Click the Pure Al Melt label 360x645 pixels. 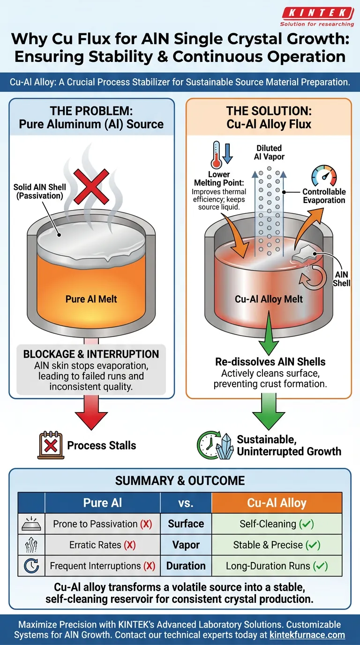tap(92, 299)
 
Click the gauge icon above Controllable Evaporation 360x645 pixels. tap(323, 176)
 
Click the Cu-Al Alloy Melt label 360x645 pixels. tap(269, 299)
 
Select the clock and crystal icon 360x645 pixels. tap(214, 445)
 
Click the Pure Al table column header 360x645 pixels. tap(102, 503)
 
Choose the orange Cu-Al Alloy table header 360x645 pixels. tap(277, 503)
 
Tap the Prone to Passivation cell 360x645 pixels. tap(102, 524)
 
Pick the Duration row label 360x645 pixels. tap(186, 566)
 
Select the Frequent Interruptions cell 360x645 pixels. tap(102, 566)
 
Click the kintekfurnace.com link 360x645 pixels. tap(307, 635)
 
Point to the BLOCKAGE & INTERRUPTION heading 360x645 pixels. tap(91, 354)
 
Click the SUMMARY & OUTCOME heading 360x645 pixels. tap(180, 480)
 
